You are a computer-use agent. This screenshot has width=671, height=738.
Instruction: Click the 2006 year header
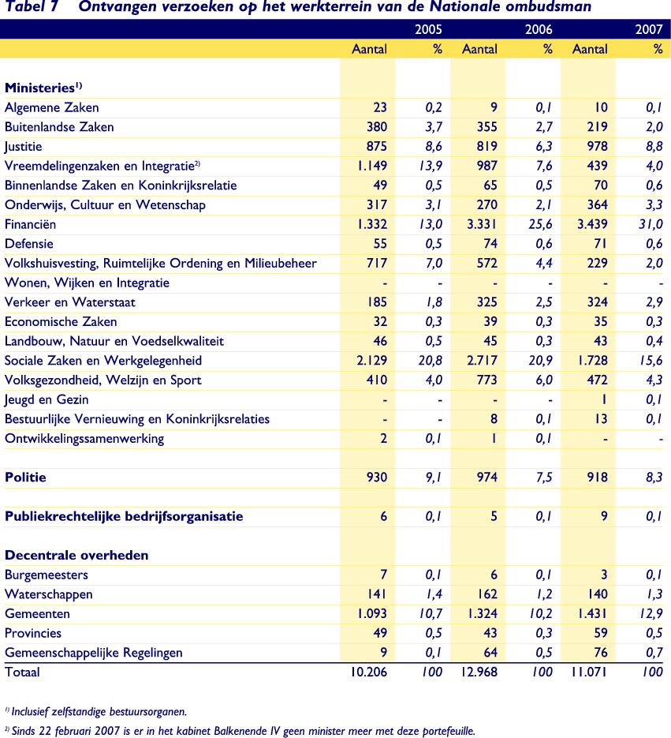[539, 30]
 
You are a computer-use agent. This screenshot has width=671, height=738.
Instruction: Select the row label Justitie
[24, 146]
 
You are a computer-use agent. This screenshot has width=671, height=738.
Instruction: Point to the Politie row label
[25, 478]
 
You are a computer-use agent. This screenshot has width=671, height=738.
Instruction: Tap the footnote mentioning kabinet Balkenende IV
[240, 730]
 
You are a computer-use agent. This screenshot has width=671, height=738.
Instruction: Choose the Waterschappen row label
[49, 594]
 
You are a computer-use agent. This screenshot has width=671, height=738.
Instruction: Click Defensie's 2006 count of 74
[488, 244]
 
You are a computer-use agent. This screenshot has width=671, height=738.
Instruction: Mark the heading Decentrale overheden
[76, 556]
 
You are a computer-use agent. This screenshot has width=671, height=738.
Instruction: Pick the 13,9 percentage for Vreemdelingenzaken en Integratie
[428, 166]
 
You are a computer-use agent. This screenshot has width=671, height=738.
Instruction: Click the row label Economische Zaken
[61, 321]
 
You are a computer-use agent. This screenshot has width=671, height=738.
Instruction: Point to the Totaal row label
[22, 672]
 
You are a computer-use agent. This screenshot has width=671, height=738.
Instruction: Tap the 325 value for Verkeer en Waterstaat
[485, 302]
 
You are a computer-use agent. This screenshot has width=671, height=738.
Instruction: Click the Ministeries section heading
[43, 88]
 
